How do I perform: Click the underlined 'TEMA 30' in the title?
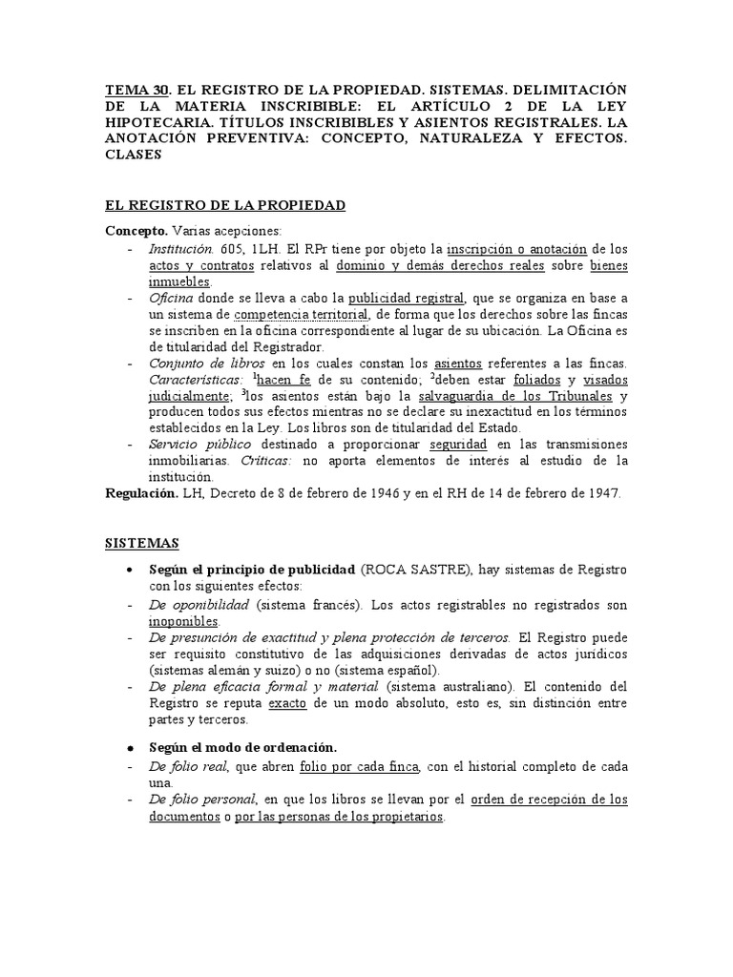tap(136, 90)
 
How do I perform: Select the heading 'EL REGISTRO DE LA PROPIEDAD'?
tap(224, 205)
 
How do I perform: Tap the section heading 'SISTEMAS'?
tap(141, 543)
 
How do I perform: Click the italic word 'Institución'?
tap(179, 248)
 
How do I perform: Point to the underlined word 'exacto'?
tap(287, 703)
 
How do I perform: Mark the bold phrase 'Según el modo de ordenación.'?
tap(241, 746)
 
